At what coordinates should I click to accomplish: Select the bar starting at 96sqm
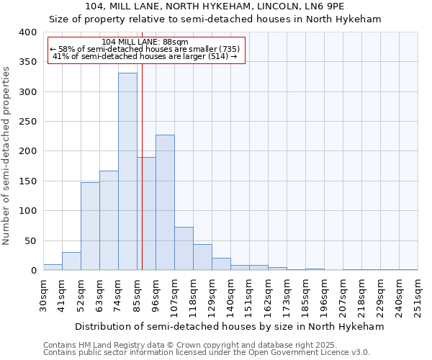pyautogui.click(x=165, y=202)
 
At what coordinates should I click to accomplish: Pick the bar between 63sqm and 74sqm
pyautogui.click(x=109, y=220)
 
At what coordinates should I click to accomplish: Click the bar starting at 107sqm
pyautogui.click(x=184, y=248)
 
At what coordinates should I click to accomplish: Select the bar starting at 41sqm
pyautogui.click(x=71, y=261)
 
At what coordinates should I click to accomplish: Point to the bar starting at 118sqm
pyautogui.click(x=202, y=257)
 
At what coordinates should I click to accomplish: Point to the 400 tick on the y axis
pyautogui.click(x=28, y=32)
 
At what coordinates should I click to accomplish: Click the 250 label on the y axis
pyautogui.click(x=28, y=122)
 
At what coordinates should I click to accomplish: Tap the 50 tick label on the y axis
pyautogui.click(x=30, y=240)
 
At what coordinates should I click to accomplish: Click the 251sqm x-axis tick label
pyautogui.click(x=418, y=297)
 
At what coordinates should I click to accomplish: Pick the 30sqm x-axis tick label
pyautogui.click(x=43, y=294)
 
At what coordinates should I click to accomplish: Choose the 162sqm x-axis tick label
pyautogui.click(x=268, y=297)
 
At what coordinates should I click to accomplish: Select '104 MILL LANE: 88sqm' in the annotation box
pyautogui.click(x=145, y=42)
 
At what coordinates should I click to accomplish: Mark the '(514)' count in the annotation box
pyautogui.click(x=216, y=57)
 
